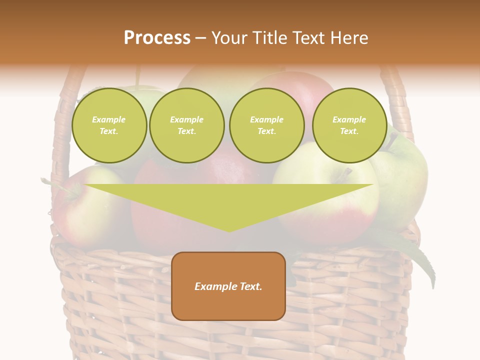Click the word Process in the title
[x=157, y=37]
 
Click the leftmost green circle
[x=109, y=125]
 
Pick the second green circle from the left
[x=187, y=125]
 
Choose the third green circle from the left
[x=267, y=125]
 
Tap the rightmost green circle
[x=349, y=125]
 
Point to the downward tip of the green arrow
[x=229, y=230]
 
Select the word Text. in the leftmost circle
[x=109, y=131]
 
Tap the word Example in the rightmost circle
[x=349, y=119]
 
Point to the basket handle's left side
[x=62, y=125]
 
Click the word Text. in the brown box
[x=250, y=286]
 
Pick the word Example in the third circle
[x=267, y=119]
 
